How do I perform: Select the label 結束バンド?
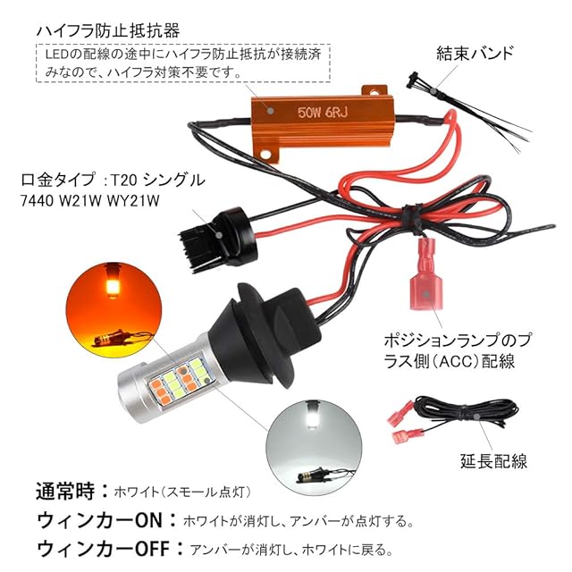point(474,52)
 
